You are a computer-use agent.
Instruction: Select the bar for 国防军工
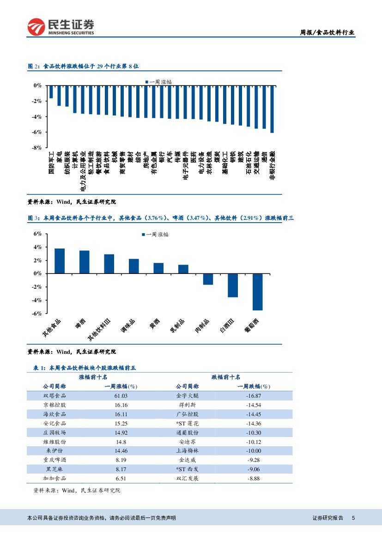pyautogui.click(x=51, y=92)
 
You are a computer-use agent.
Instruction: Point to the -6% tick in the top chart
pyautogui.click(x=37, y=132)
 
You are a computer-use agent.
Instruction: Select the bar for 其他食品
pyautogui.click(x=60, y=261)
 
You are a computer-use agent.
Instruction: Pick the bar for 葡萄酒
pyautogui.click(x=257, y=291)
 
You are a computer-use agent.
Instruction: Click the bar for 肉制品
pyautogui.click(x=208, y=279)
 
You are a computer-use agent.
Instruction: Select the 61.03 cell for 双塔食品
pyautogui.click(x=121, y=396)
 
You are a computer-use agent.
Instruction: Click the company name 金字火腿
pyautogui.click(x=187, y=396)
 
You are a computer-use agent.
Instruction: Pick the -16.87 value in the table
pyautogui.click(x=254, y=396)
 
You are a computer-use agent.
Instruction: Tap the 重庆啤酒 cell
pyautogui.click(x=55, y=460)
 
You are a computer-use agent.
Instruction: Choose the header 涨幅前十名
pyautogui.click(x=93, y=377)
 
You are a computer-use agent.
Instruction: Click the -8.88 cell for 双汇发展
pyautogui.click(x=254, y=479)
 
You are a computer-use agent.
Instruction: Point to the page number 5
pyautogui.click(x=353, y=518)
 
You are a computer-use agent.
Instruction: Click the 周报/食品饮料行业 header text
pyautogui.click(x=327, y=32)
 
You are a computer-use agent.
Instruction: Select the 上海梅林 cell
pyautogui.click(x=187, y=451)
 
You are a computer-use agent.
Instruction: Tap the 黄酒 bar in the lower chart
pyautogui.click(x=158, y=268)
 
